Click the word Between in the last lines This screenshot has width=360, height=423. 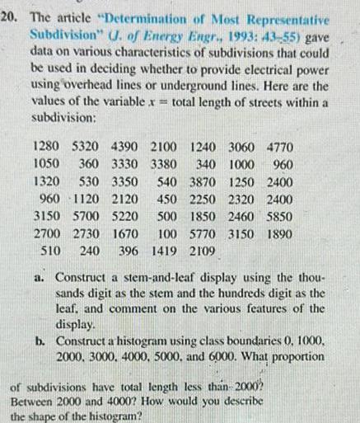34,400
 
